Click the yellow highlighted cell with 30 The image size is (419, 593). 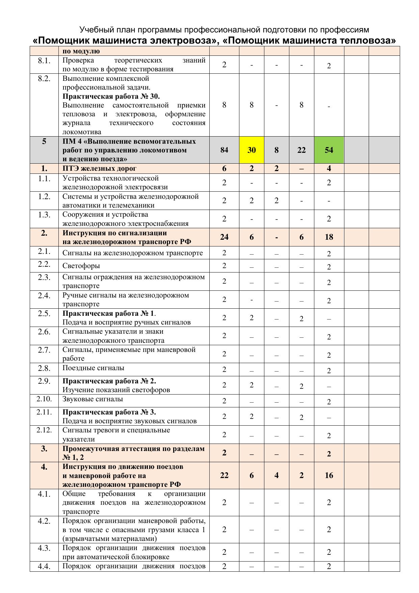point(252,150)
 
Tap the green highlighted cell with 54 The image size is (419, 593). point(329,150)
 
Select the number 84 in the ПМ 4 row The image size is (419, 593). point(224,150)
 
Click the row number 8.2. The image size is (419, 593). point(44,79)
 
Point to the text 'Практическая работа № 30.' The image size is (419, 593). point(111,96)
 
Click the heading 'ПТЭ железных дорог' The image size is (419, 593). point(100,168)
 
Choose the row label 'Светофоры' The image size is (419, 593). point(81,266)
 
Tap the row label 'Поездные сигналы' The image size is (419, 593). point(93,368)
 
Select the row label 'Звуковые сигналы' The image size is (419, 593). point(93,399)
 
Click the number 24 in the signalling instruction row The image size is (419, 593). point(224,237)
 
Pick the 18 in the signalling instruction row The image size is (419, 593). point(329,237)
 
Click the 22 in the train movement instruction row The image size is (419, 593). point(224,475)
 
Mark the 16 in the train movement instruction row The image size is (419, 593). point(329,475)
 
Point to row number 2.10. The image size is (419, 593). point(44,399)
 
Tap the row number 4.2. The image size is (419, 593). point(44,521)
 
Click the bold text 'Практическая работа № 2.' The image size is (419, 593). point(109,381)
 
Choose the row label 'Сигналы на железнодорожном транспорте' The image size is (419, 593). point(133,253)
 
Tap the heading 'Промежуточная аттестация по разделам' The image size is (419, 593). point(133,449)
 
